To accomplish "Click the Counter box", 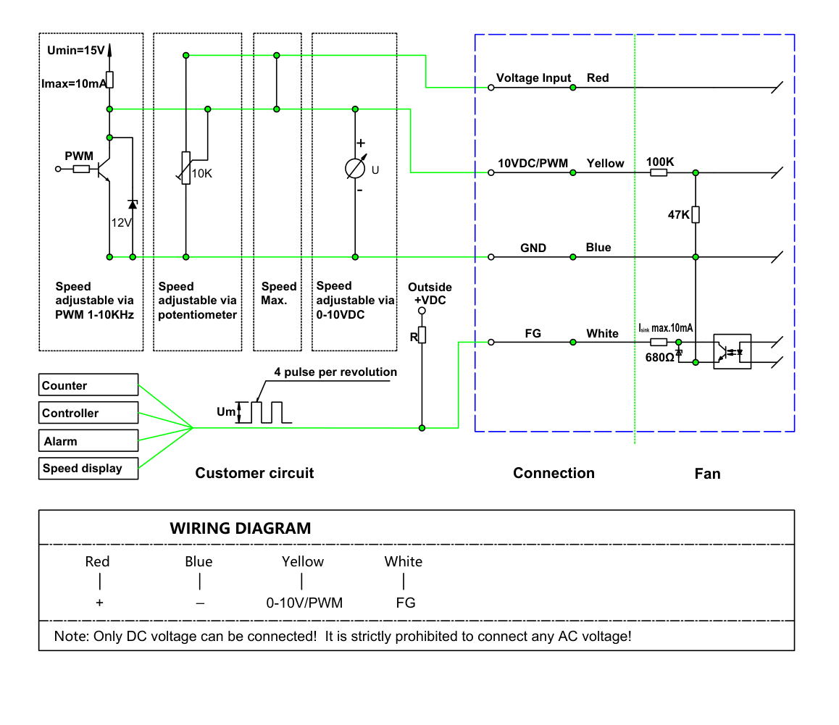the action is pos(88,385).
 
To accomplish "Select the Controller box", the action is pos(88,413).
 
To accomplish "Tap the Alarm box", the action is pos(88,440).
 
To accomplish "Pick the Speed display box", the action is pos(88,468).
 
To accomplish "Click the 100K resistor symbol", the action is pos(659,172).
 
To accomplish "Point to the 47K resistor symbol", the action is pos(696,214).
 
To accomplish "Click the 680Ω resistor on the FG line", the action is pos(659,342).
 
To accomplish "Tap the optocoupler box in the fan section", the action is pos(732,351).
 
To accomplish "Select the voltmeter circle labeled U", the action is pos(355,169).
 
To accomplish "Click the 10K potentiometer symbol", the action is pos(186,168).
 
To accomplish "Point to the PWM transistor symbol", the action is pos(104,169).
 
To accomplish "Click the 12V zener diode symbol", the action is pos(133,204).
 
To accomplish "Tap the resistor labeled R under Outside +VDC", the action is pos(422,335).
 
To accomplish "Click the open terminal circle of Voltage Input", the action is pos(491,87).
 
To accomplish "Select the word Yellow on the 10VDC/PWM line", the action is pos(605,163).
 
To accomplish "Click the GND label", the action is pos(533,248).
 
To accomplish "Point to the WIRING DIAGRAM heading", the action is pos(241,528).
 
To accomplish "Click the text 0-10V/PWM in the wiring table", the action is pos(304,603).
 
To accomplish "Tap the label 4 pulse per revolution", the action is pos(335,372).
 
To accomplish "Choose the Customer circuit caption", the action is pos(254,473).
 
